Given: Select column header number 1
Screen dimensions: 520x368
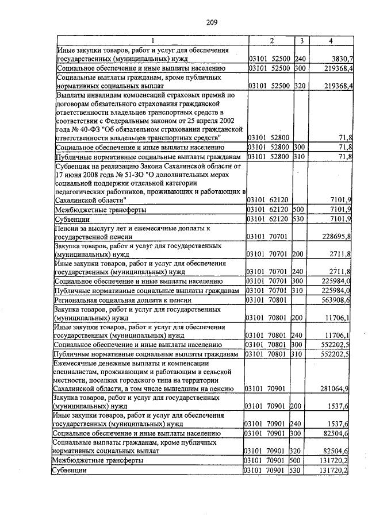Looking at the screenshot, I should [x=153, y=40].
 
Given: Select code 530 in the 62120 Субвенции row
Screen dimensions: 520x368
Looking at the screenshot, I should [x=298, y=219].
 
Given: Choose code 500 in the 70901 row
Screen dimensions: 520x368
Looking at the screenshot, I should [x=298, y=460].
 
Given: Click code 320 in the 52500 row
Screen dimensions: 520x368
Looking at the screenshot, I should [x=298, y=86].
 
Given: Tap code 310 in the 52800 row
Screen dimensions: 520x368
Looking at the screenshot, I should [x=298, y=156].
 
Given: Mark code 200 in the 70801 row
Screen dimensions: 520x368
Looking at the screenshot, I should [x=298, y=317].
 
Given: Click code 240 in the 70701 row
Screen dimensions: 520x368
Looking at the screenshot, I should [x=298, y=272].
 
